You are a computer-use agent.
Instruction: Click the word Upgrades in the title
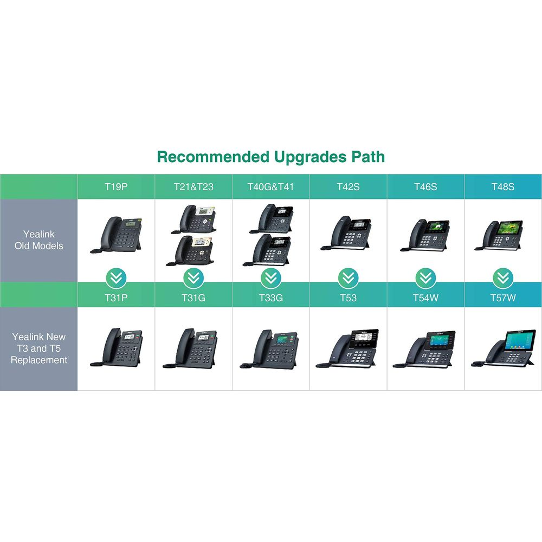click(x=310, y=157)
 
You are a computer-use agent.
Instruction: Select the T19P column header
click(x=116, y=187)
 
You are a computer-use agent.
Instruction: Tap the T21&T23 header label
click(x=193, y=187)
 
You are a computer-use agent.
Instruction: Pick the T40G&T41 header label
click(x=270, y=187)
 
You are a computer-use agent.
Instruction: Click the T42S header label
click(x=348, y=187)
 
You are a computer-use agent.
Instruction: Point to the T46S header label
click(x=425, y=187)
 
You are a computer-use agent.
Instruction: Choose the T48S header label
click(x=503, y=187)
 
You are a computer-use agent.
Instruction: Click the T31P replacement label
click(x=116, y=298)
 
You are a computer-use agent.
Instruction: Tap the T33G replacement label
click(x=271, y=298)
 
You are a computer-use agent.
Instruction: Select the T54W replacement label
click(x=425, y=298)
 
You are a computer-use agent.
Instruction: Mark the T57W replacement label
click(x=503, y=298)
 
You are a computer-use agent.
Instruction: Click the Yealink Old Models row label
click(x=38, y=240)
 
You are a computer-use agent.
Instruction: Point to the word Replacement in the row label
click(x=38, y=360)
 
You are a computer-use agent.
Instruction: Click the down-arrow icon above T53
click(x=348, y=278)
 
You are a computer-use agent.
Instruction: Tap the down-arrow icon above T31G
click(x=193, y=278)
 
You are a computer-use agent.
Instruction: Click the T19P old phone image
click(x=116, y=235)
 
